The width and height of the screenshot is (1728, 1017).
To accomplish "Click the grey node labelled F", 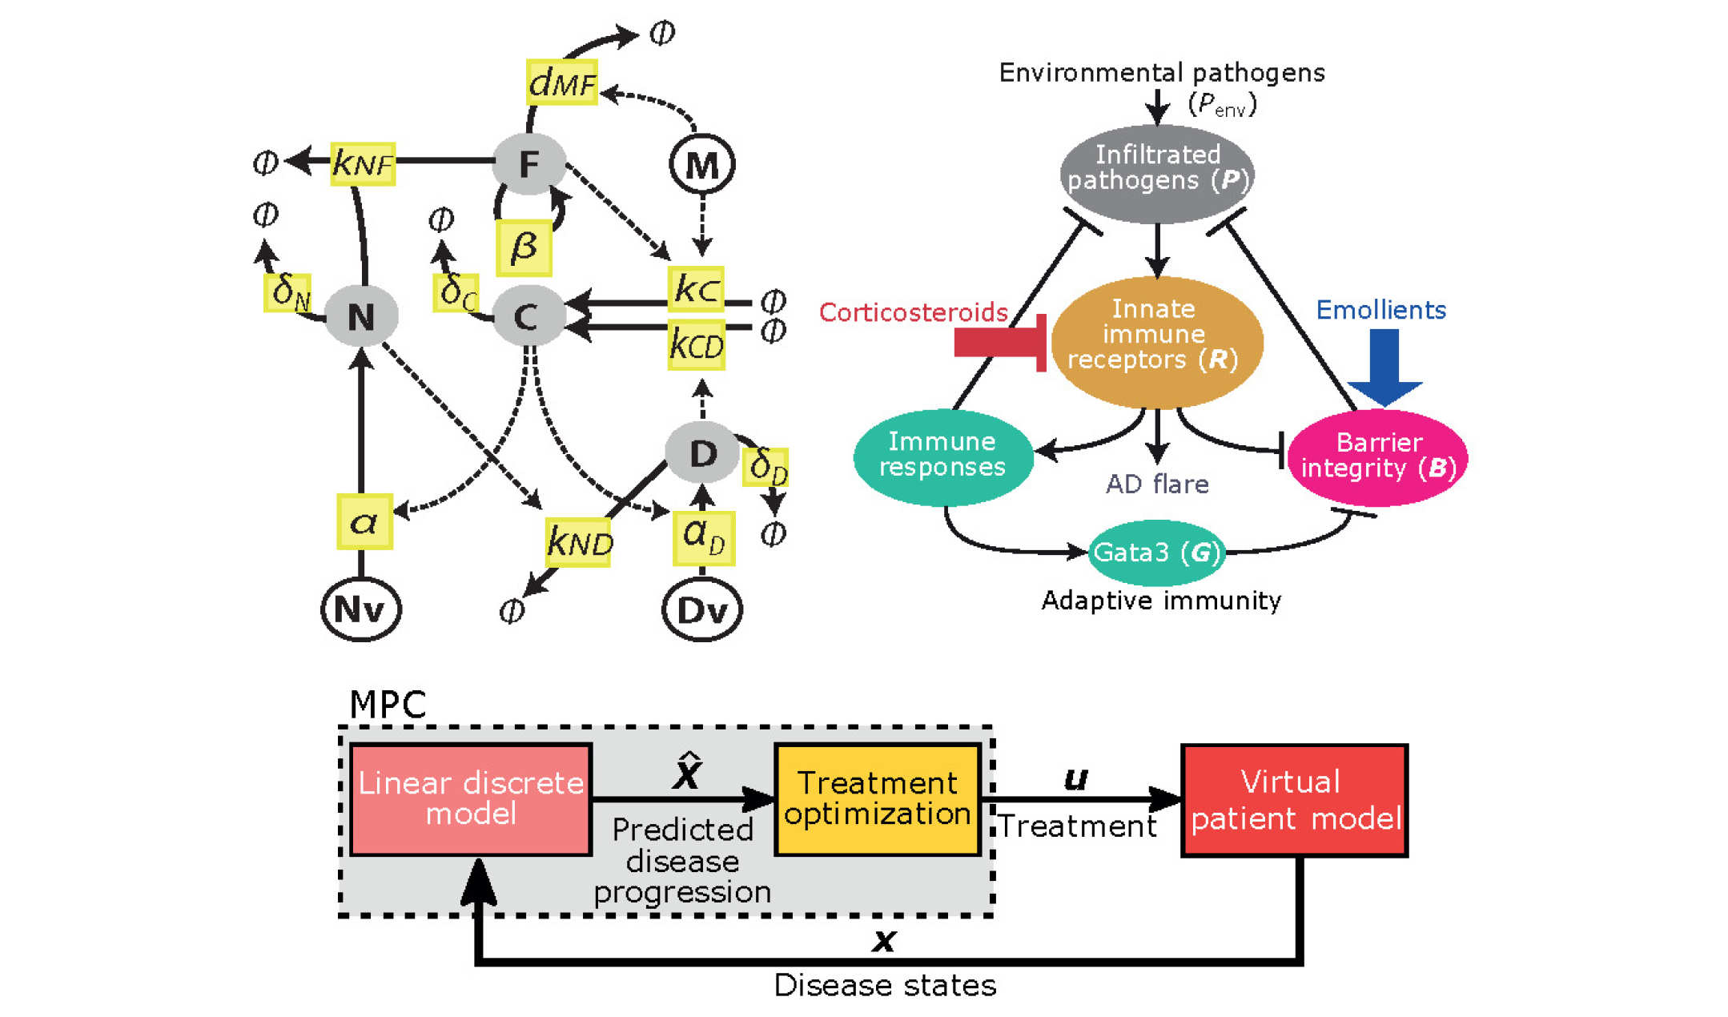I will pos(528,164).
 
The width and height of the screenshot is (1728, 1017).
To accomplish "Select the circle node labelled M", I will pos(702,165).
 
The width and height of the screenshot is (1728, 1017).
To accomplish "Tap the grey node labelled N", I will pos(361,316).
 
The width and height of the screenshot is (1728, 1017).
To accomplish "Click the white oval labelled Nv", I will pos(360,609).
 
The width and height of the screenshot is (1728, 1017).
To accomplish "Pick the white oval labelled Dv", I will pos(702,610).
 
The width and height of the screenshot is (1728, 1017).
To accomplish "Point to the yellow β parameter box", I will pos(524,247).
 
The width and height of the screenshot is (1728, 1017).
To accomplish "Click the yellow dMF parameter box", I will pos(562,82).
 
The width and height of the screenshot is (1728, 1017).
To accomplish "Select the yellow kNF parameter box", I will pos(363,163).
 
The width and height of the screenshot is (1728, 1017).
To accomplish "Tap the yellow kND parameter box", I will pos(578,543).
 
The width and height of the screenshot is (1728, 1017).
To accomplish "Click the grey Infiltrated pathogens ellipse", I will pos(1157,173).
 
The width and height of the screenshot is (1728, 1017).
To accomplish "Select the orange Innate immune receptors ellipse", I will pos(1156,341).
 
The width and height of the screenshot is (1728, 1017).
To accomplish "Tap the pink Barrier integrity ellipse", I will pos(1378,457).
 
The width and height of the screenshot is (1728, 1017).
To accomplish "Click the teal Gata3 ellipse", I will pos(1156,552).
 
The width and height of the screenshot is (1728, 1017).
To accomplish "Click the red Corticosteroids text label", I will pos(913,312).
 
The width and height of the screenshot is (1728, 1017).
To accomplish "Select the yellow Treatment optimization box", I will pos(878,799).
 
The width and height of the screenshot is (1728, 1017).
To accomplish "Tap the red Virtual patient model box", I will pos(1295,800).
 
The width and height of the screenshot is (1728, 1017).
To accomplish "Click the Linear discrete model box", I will pos(471,799).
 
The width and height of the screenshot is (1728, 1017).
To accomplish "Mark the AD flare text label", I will pos(1157,484).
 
